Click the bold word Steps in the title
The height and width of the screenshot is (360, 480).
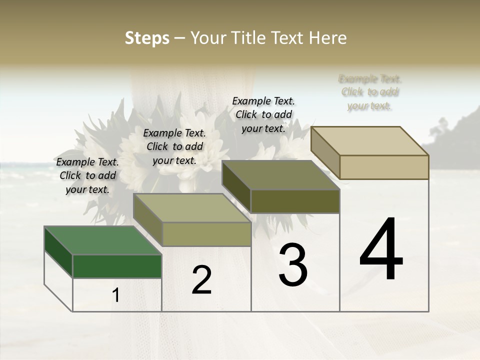click(147, 38)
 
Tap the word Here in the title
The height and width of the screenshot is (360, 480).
click(327, 38)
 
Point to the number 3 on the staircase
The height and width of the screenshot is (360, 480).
click(293, 265)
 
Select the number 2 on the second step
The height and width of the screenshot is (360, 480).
click(201, 280)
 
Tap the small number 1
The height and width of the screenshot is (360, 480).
click(116, 295)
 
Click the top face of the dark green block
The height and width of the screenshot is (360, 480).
click(102, 240)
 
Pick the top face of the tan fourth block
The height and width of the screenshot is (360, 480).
click(370, 140)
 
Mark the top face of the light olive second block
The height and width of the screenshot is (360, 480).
click(192, 208)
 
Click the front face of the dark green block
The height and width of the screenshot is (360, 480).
click(117, 266)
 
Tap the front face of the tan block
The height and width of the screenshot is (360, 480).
click(384, 167)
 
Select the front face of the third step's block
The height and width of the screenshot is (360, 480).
click(295, 201)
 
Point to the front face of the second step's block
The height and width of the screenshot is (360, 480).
click(206, 234)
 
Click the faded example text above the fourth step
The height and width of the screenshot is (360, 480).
click(370, 92)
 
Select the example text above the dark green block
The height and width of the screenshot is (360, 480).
click(88, 175)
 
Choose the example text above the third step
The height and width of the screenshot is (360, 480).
click(263, 114)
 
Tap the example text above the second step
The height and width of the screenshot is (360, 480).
click(174, 146)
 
